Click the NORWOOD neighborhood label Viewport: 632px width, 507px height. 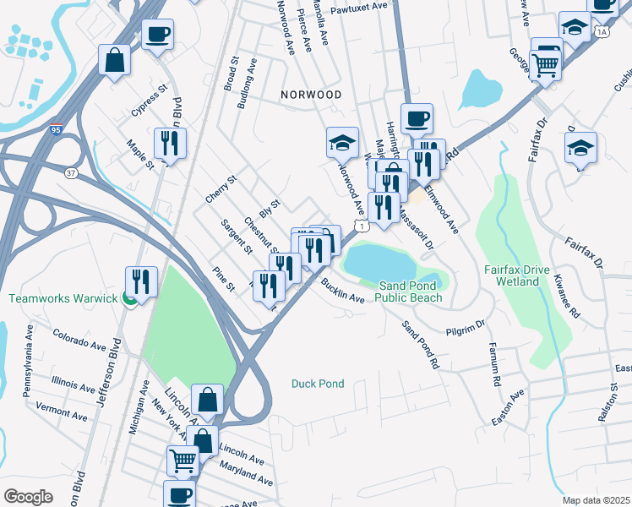[x=313, y=95]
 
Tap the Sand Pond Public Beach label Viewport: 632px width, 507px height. [x=409, y=292]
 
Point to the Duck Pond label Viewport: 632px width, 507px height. [x=318, y=384]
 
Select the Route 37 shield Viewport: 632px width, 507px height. [x=70, y=172]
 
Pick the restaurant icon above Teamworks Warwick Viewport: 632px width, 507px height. [x=141, y=282]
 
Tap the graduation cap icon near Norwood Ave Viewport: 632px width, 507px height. [x=343, y=143]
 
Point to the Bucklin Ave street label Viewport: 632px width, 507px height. [x=342, y=292]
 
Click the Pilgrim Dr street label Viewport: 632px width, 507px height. [x=466, y=324]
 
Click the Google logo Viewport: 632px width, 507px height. [x=28, y=496]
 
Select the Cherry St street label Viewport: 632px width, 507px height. [x=221, y=190]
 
